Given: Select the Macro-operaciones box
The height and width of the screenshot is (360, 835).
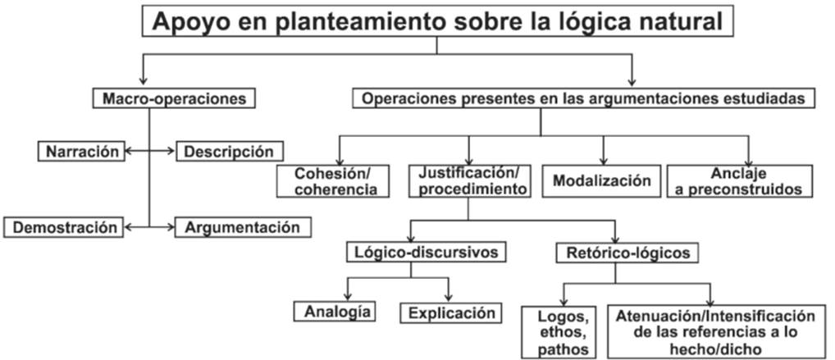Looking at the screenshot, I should coord(174,98).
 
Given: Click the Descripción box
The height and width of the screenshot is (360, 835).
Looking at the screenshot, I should coord(228,151).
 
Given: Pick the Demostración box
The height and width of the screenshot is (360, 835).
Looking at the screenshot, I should coord(66,226).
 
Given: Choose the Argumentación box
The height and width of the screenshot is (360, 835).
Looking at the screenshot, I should coord(243,226).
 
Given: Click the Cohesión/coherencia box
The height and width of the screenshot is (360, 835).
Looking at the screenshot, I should coord(331,180).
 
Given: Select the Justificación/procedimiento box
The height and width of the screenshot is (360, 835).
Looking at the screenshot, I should coord(469,180).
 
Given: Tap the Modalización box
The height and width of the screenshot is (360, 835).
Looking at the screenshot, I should coord(602,180).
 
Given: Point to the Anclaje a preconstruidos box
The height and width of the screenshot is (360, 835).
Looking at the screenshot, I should coord(740,180).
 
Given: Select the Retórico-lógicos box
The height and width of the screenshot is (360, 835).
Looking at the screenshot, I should coord(628,253).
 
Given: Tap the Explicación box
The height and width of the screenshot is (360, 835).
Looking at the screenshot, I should coord(451,312).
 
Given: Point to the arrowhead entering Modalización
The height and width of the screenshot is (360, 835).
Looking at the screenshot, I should coord(603,161).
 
